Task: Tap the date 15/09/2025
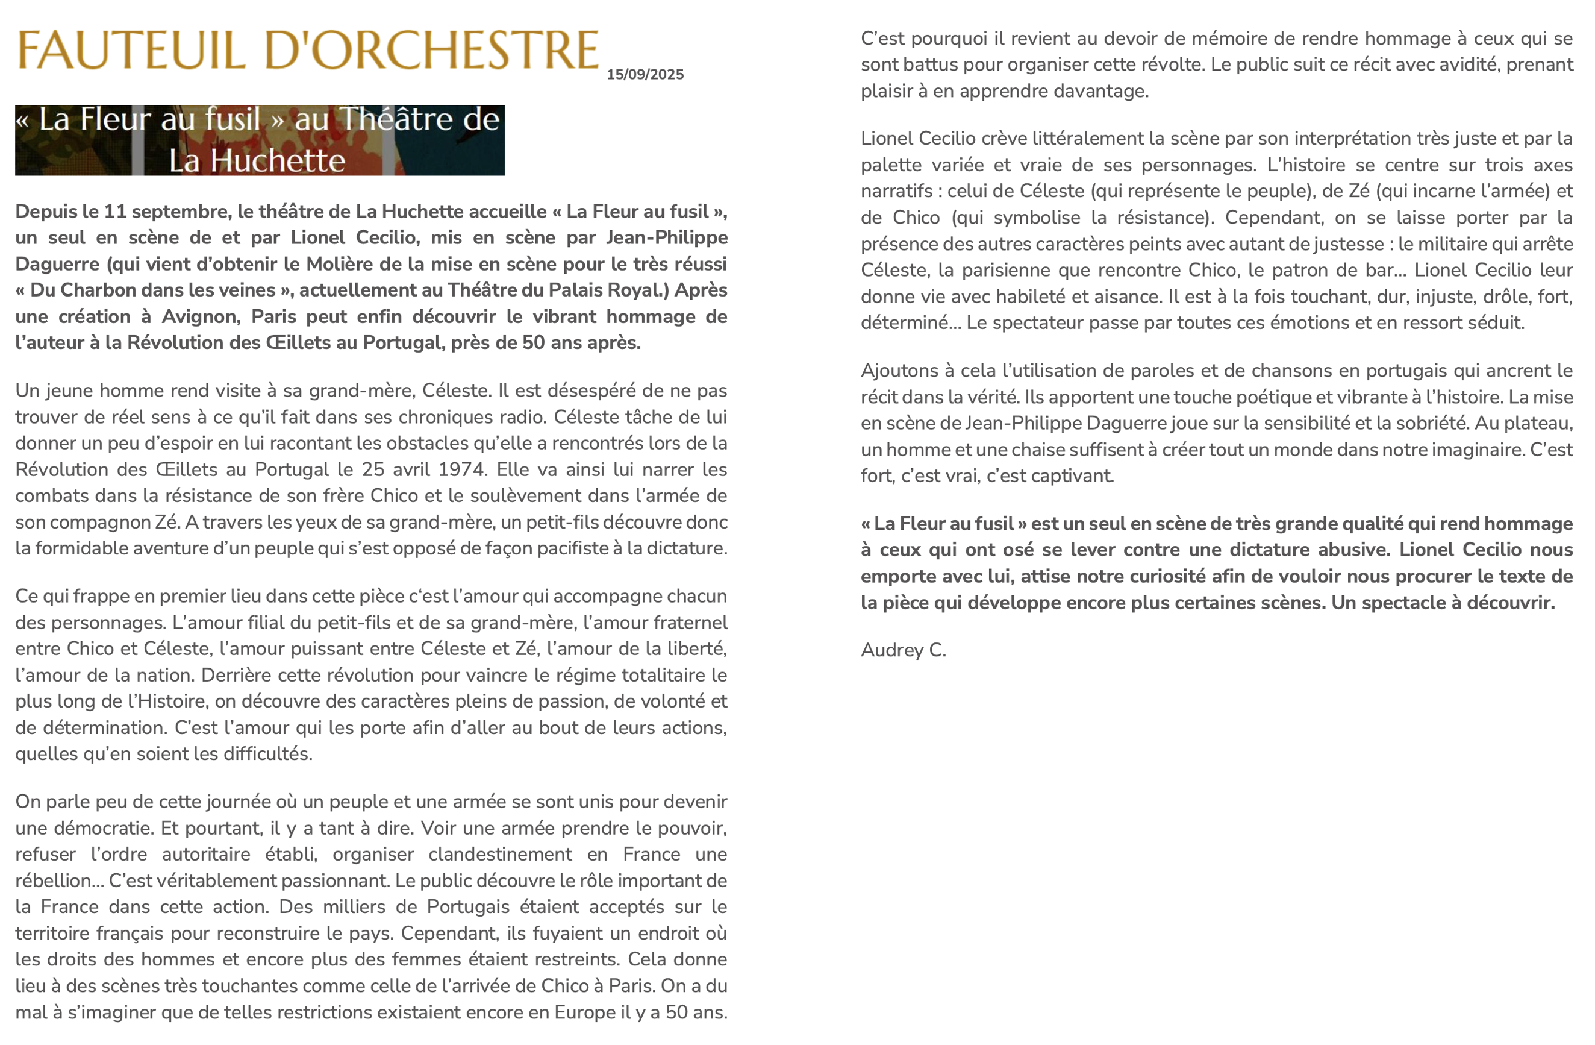[645, 74]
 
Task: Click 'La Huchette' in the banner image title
[257, 161]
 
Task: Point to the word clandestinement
[500, 855]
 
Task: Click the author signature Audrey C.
[903, 650]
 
